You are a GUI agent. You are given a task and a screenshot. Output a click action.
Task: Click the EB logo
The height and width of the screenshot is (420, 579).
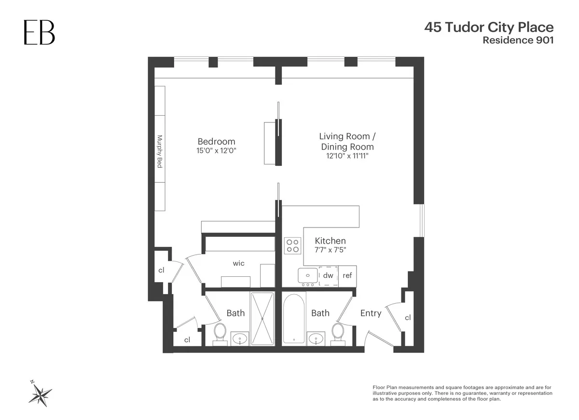40,33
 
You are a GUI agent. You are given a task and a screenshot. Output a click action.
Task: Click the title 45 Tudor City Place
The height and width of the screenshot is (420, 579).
488,27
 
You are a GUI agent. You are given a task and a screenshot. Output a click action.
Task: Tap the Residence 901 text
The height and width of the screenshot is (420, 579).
518,41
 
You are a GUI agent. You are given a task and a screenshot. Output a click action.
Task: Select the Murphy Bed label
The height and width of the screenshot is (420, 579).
160,151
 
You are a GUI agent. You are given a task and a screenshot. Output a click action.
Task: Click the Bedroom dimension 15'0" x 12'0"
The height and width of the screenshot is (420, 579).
216,151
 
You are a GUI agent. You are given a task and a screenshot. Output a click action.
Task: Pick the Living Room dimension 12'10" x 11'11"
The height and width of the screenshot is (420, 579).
347,156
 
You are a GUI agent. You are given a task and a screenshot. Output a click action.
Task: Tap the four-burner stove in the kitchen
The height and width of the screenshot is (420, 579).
291,246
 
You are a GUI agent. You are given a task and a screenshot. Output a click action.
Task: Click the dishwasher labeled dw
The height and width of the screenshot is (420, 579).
328,275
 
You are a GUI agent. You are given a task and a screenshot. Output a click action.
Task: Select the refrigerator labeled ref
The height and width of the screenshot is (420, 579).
347,275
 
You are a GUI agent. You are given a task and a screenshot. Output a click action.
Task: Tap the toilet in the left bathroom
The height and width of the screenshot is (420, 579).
220,333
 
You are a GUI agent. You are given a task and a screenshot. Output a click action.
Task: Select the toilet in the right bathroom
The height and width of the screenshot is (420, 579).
337,333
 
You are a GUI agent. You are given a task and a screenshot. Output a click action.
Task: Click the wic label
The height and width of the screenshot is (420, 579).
238,263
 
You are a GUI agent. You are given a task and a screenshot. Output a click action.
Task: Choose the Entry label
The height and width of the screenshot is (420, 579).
371,313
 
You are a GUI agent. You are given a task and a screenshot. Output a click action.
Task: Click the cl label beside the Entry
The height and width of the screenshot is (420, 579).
408,317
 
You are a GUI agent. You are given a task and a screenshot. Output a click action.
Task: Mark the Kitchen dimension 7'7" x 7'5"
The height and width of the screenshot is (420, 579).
331,250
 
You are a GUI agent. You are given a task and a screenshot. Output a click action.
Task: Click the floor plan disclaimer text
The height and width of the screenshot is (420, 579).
462,393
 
